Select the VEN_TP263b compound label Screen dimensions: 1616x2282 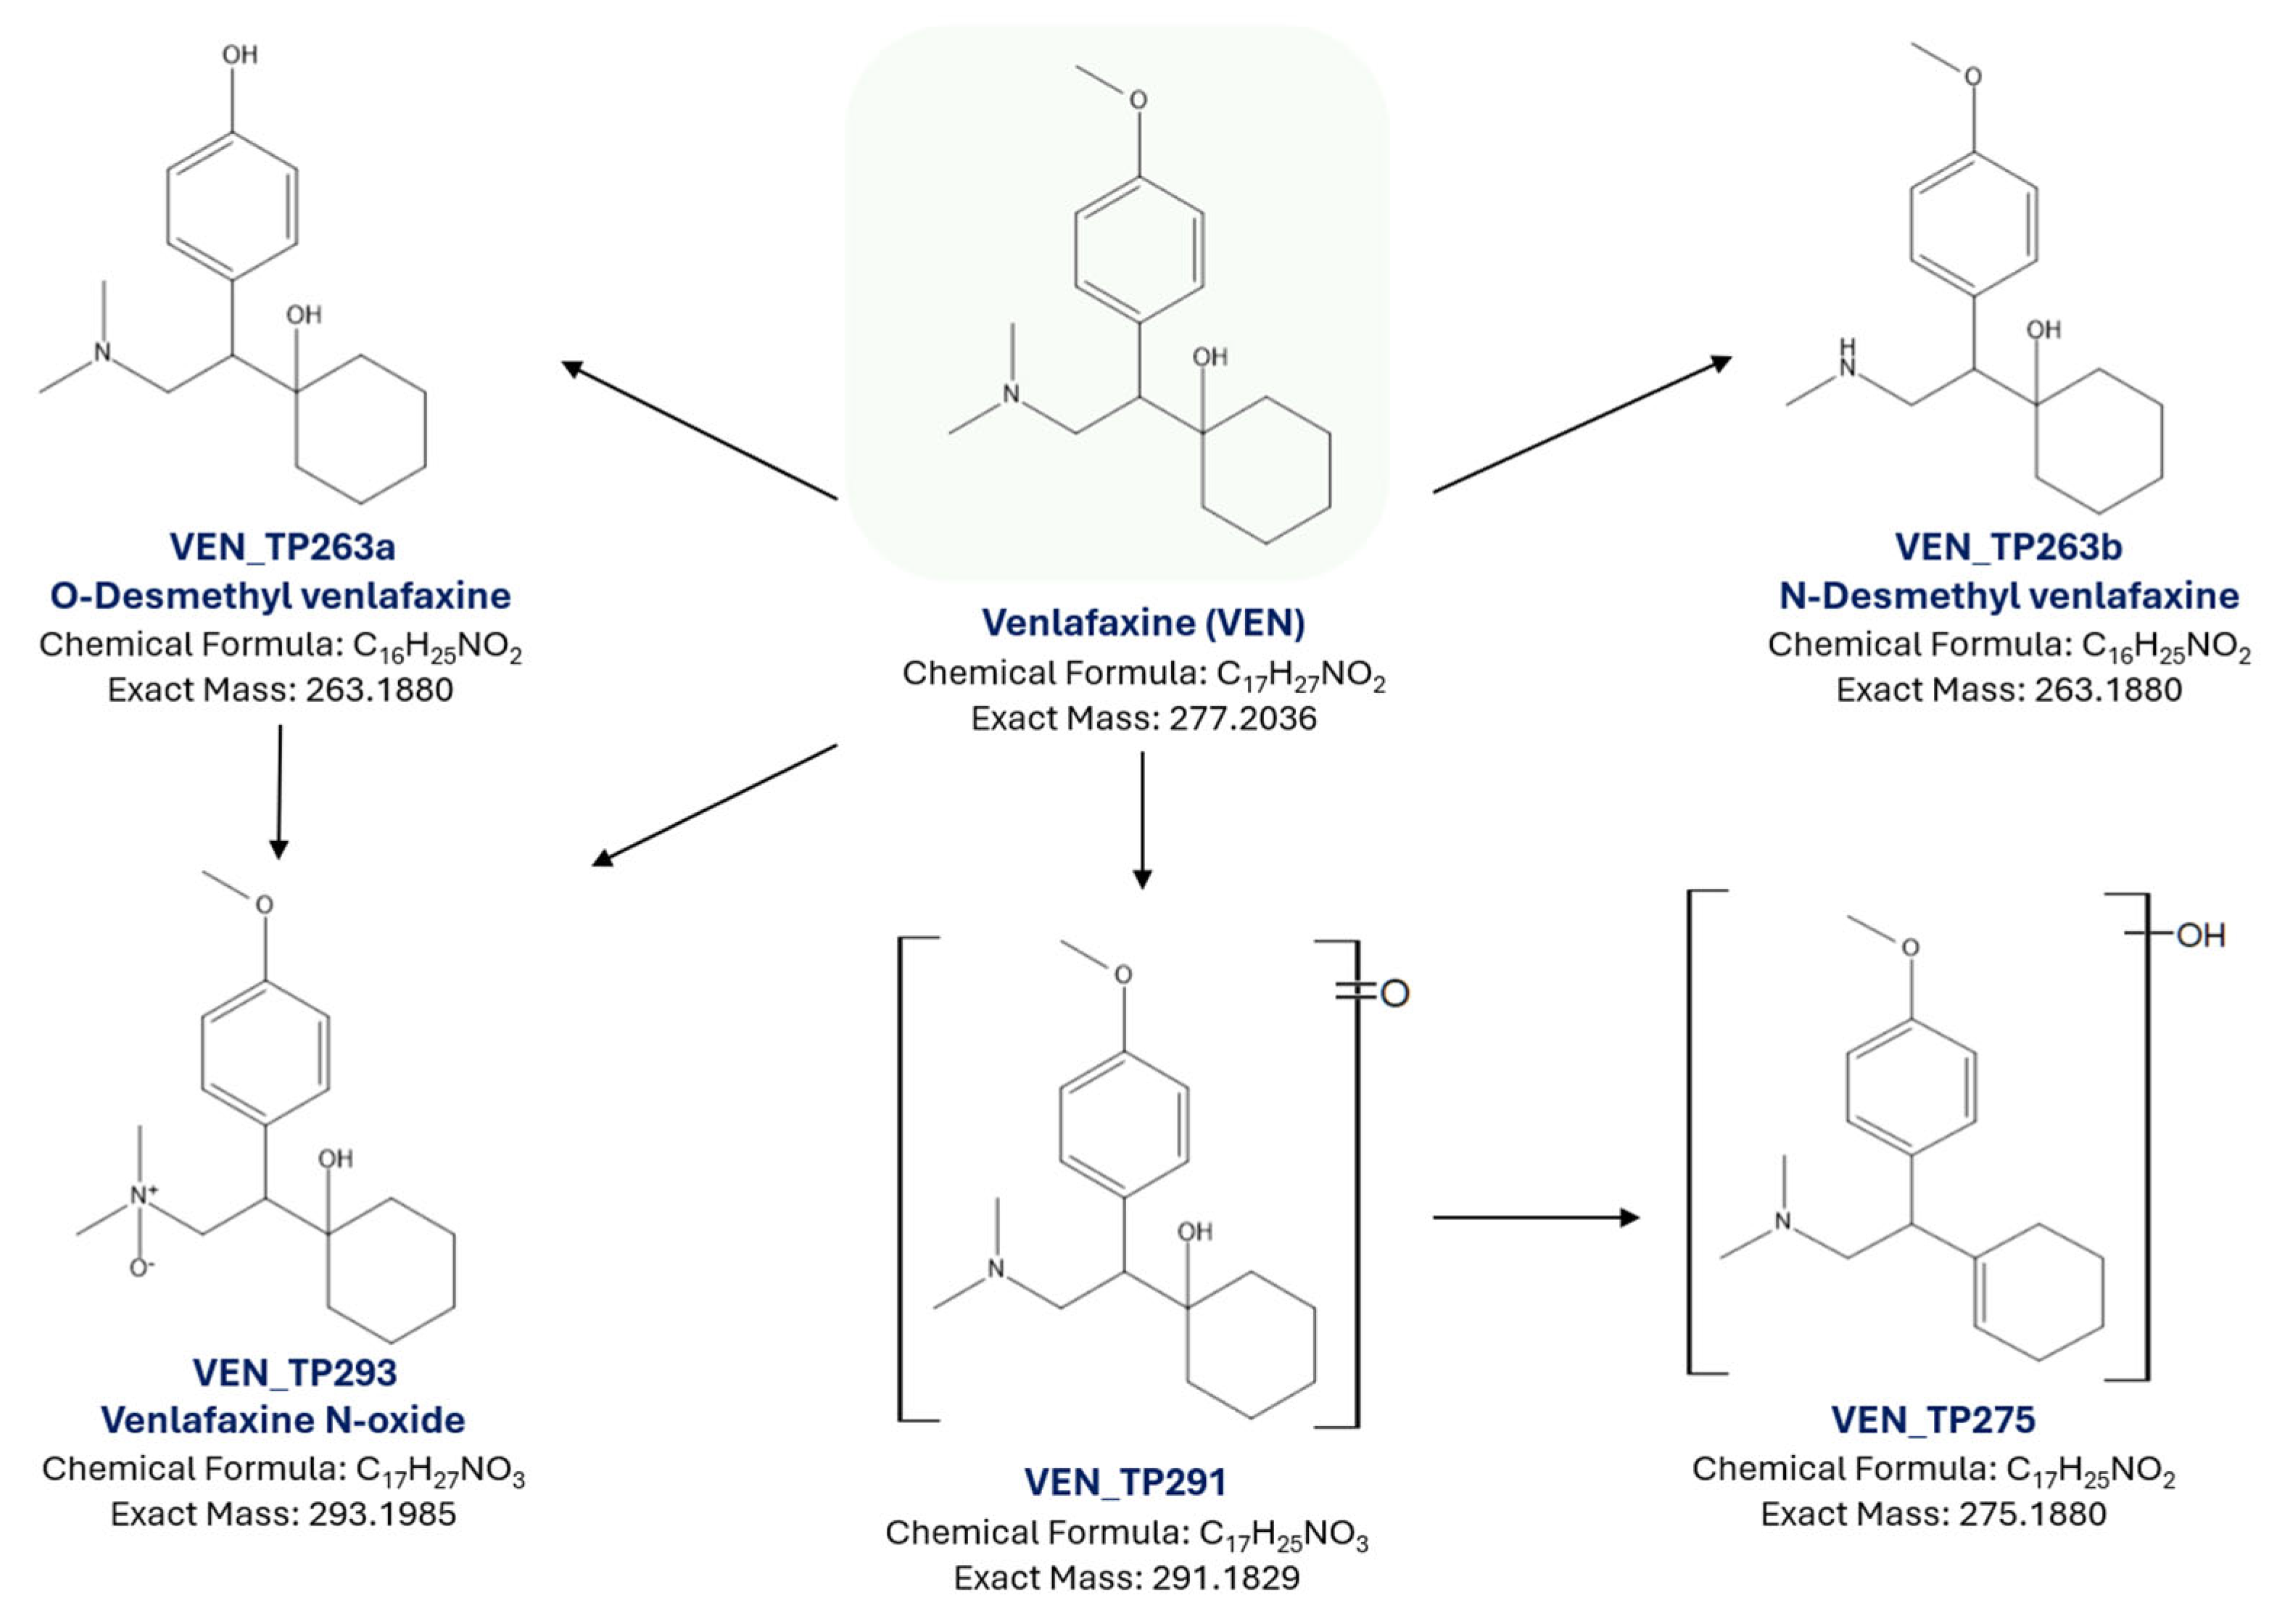[x=2009, y=547]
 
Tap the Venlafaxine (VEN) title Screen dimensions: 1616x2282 [x=1144, y=622]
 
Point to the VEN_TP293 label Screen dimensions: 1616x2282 [x=294, y=1372]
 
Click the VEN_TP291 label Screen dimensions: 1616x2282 [x=1125, y=1482]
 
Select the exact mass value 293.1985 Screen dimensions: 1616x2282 [x=382, y=1514]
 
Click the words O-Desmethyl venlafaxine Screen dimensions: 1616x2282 [x=281, y=595]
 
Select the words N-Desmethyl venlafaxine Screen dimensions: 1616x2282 [x=2009, y=595]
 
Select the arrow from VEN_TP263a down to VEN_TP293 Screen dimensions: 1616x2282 [x=280, y=791]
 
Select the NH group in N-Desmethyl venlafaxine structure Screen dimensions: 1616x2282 [x=1847, y=359]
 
